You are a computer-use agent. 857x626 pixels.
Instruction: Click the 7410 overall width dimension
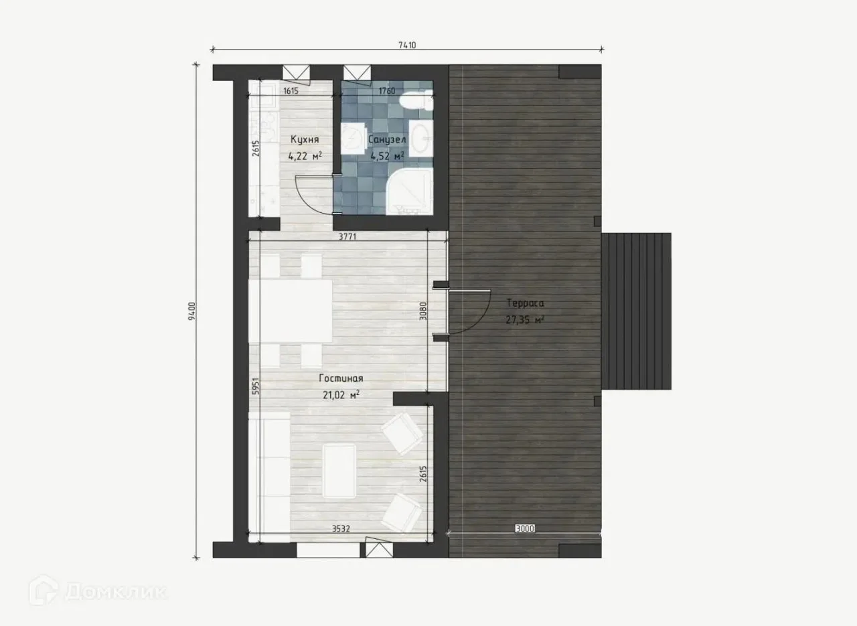pyautogui.click(x=407, y=45)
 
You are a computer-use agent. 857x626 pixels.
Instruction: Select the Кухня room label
pyautogui.click(x=305, y=139)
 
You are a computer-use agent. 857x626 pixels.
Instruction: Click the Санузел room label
pyautogui.click(x=387, y=140)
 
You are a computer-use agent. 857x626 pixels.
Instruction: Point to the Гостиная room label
pyautogui.click(x=341, y=378)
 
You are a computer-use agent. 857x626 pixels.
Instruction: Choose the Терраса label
pyautogui.click(x=525, y=303)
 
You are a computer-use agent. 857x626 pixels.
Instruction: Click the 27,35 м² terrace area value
pyautogui.click(x=525, y=320)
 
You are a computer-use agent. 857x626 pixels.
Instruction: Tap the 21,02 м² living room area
pyautogui.click(x=341, y=395)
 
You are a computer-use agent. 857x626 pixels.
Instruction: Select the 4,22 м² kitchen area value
pyautogui.click(x=305, y=156)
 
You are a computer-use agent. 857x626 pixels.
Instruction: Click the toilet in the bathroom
pyautogui.click(x=416, y=101)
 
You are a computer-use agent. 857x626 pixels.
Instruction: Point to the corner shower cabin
pyautogui.click(x=409, y=191)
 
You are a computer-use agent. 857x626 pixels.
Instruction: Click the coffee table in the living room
pyautogui.click(x=339, y=471)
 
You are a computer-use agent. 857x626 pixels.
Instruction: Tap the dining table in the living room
pyautogui.click(x=291, y=311)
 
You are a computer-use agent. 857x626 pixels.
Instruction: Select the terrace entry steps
pyautogui.click(x=636, y=311)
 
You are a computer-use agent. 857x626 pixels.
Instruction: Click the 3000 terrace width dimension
pyautogui.click(x=525, y=529)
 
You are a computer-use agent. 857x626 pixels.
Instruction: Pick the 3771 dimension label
pyautogui.click(x=347, y=237)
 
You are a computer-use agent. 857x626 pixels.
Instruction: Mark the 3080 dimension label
pyautogui.click(x=422, y=311)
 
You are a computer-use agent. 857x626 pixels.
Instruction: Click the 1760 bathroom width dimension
pyautogui.click(x=387, y=91)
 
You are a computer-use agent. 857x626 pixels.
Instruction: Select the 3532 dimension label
pyautogui.click(x=341, y=529)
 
